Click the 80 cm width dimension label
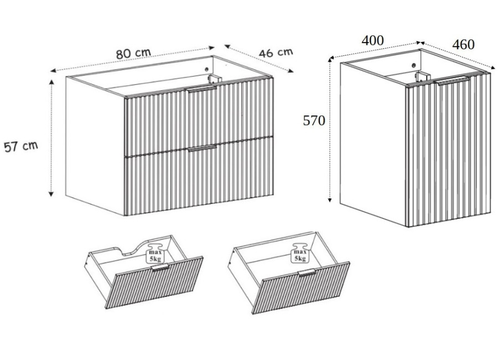[133, 53]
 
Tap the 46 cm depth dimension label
[276, 52]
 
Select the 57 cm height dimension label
[20, 147]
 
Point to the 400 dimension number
[372, 40]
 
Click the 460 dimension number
[463, 45]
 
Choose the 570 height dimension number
[314, 121]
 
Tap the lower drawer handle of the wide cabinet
[202, 148]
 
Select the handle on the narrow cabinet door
[452, 81]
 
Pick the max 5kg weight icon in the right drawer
[300, 253]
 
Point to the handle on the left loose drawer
[160, 268]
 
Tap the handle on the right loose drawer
[307, 272]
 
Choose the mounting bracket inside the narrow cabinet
[422, 76]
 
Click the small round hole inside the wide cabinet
[207, 69]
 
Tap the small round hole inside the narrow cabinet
[414, 65]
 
